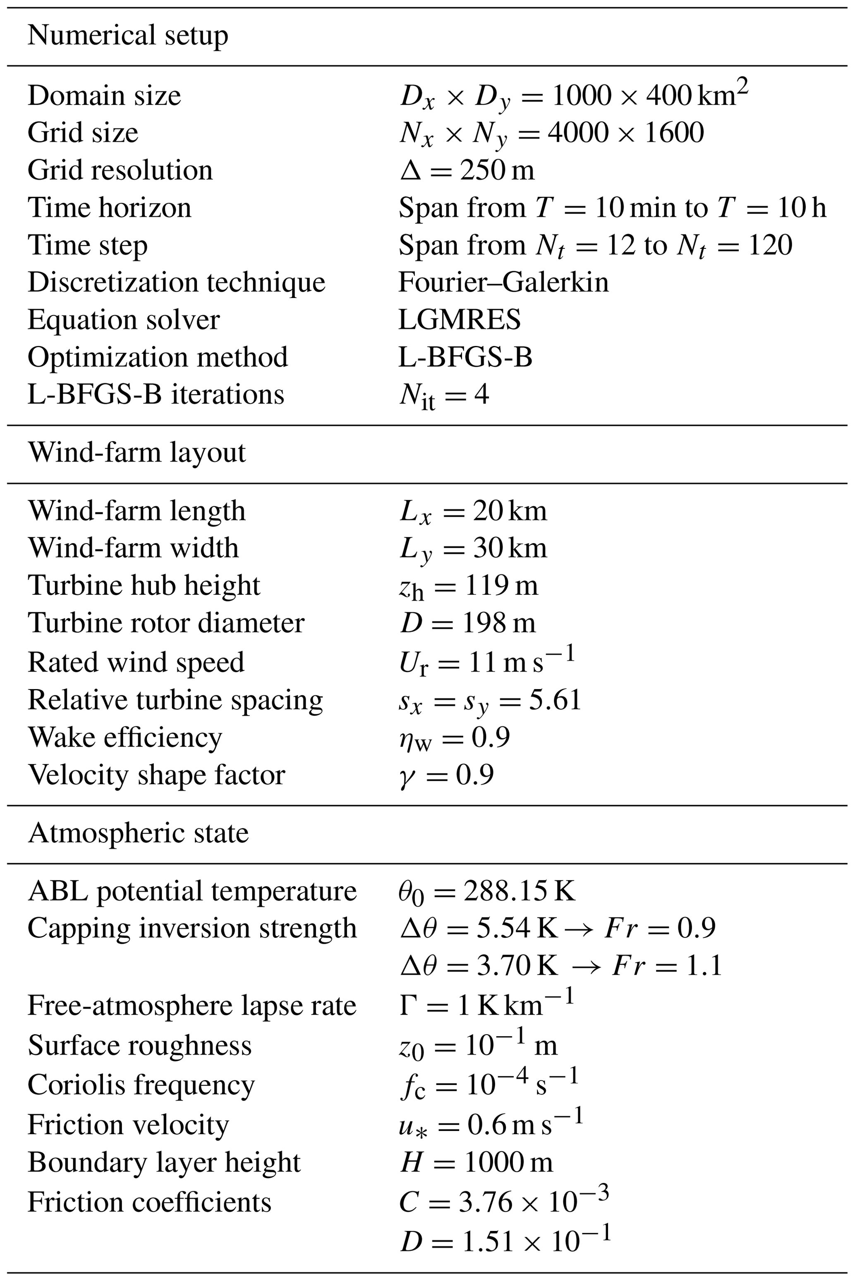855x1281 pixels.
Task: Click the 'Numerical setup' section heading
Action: [x=127, y=36]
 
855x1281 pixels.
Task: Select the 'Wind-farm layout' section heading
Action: [x=137, y=453]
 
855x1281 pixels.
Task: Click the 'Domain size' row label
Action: [x=104, y=96]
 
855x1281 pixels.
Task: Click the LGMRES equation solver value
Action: [x=459, y=320]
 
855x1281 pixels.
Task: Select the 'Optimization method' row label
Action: [x=158, y=358]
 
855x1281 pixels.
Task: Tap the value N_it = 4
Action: [x=444, y=395]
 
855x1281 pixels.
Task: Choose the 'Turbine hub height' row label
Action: [x=144, y=586]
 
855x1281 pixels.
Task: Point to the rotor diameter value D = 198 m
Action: [x=468, y=623]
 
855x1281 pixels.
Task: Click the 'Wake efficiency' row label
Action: [x=125, y=738]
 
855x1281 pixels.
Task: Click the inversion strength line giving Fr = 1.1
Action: [x=560, y=966]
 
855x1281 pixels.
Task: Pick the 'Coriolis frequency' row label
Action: [x=141, y=1084]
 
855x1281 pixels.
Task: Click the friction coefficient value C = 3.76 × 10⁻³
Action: [x=503, y=1202]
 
